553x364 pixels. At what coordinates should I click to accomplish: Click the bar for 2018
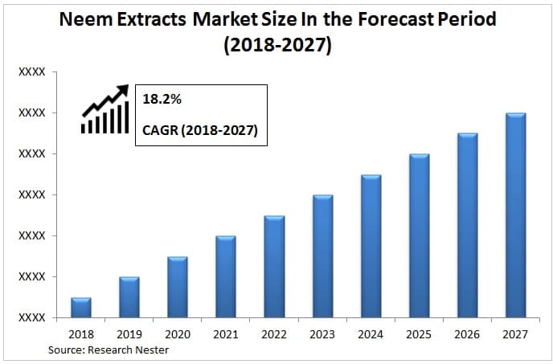click(x=81, y=308)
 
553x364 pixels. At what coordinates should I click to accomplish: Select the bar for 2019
click(x=129, y=297)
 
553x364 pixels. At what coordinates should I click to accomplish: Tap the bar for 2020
click(x=178, y=287)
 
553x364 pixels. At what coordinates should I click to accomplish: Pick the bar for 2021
click(x=226, y=277)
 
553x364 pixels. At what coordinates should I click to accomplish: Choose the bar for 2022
click(x=274, y=267)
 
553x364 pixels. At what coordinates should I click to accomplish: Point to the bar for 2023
click(x=322, y=256)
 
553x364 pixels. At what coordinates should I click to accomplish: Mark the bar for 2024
click(x=371, y=246)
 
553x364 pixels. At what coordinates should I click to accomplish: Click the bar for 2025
click(x=419, y=235)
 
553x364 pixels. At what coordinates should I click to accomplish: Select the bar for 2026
click(x=467, y=226)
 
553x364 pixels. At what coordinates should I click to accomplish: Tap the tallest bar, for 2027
click(x=515, y=215)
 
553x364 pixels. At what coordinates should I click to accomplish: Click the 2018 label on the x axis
click(x=81, y=334)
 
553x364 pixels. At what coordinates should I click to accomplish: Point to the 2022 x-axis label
click(x=274, y=334)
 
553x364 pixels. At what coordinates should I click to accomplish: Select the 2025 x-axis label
click(x=419, y=334)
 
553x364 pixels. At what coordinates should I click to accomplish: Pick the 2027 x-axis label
click(x=515, y=334)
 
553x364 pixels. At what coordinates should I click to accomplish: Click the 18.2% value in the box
click(x=161, y=100)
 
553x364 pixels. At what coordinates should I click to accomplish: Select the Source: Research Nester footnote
click(x=109, y=350)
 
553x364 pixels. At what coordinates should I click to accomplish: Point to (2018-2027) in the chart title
click(x=277, y=45)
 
